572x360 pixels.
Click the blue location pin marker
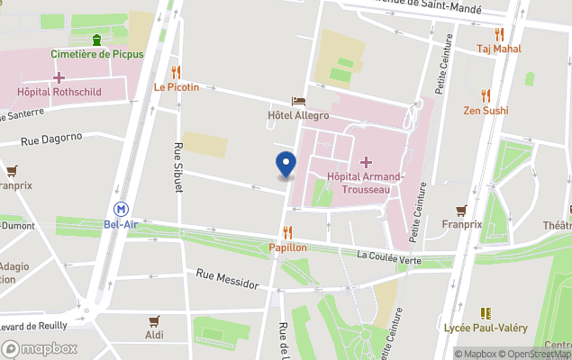tap(286, 165)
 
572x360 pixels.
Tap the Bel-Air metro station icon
tap(119, 208)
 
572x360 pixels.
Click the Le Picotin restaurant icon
tap(176, 72)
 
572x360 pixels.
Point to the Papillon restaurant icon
tap(288, 232)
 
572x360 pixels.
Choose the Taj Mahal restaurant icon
tap(499, 34)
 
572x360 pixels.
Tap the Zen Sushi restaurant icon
tap(486, 95)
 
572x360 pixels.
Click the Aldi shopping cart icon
tap(154, 319)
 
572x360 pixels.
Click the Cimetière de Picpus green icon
tap(96, 39)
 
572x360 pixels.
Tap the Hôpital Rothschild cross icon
tap(59, 77)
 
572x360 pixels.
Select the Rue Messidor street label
tap(227, 278)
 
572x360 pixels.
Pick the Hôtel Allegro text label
tap(298, 115)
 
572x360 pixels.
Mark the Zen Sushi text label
tap(486, 111)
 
